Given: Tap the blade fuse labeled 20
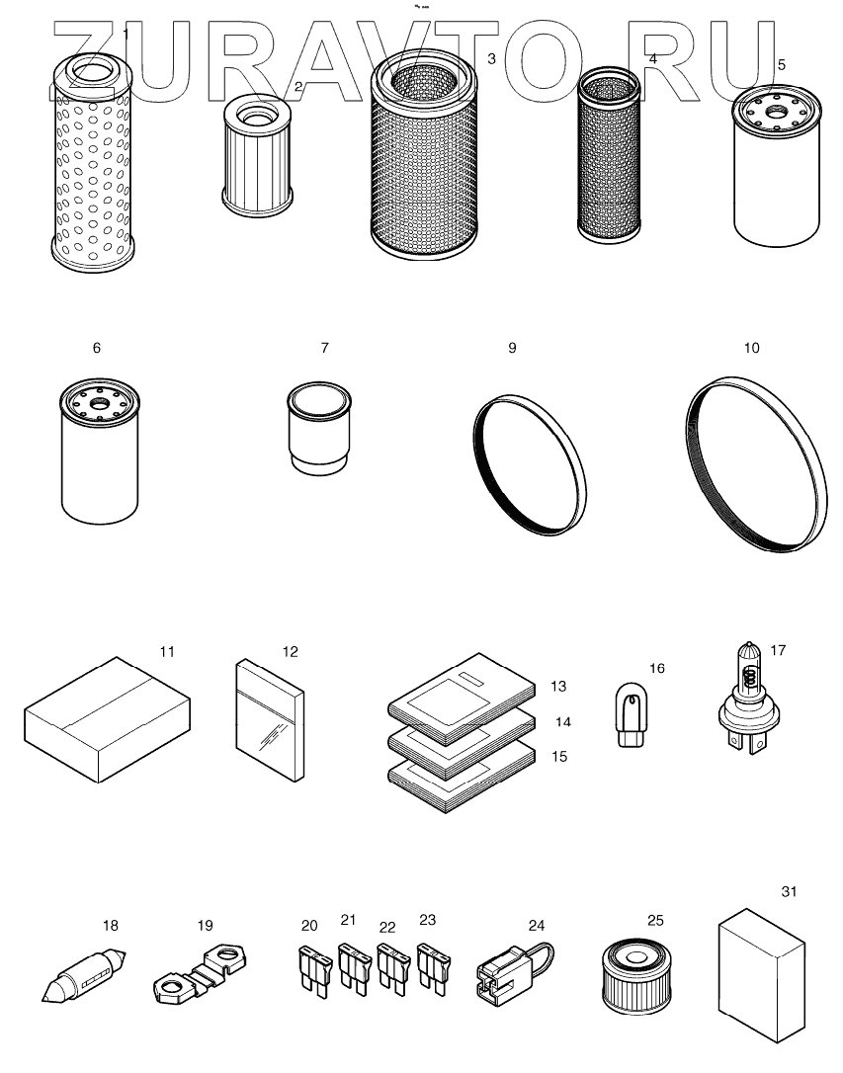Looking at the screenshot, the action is (310, 968).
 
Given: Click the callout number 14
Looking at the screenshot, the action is (563, 722).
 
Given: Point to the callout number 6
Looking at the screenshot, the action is (96, 349).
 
